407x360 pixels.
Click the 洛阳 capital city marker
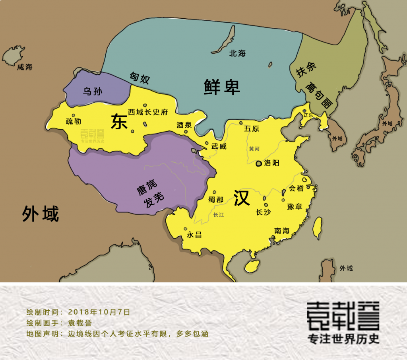pos(259,163)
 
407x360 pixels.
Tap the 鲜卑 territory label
pos(222,86)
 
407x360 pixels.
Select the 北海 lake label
pos(237,53)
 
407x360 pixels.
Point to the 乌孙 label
pos(92,91)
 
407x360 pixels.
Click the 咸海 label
pos(24,67)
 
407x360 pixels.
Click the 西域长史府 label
pos(148,112)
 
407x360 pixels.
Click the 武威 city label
pos(219,146)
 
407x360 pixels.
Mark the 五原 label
pos(252,128)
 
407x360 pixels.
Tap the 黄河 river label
pos(254,149)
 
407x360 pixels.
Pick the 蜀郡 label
pos(215,199)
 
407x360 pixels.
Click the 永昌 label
pos(194,235)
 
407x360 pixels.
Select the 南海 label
pos(282,231)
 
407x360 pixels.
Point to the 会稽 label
pos(297,189)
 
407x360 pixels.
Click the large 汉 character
pos(241,198)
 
